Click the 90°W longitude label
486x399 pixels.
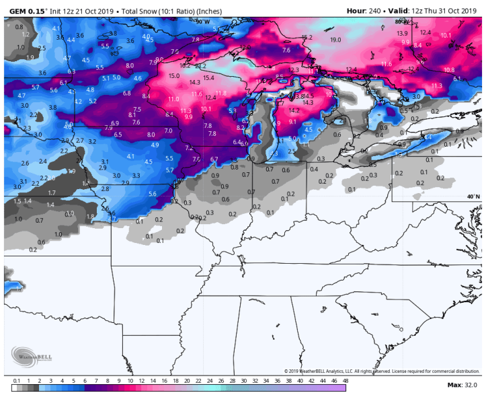(202, 22)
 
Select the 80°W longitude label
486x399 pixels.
(403, 22)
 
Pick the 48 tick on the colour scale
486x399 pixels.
(345, 380)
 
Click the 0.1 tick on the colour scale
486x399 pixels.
(15, 380)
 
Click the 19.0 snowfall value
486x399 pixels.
(335, 40)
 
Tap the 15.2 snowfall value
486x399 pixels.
(307, 37)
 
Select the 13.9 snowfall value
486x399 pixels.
(403, 33)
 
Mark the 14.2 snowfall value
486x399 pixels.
(294, 110)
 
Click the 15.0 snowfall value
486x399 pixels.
(174, 76)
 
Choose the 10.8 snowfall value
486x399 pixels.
(449, 70)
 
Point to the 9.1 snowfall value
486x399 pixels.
(292, 122)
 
